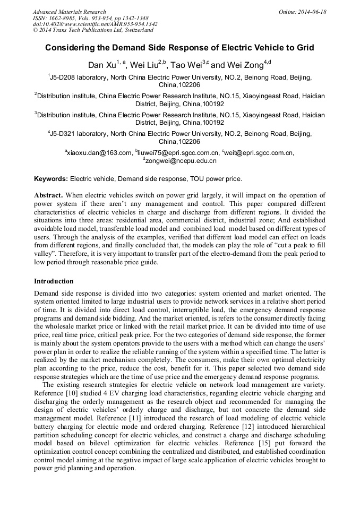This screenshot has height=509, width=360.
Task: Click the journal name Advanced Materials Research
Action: click(69, 12)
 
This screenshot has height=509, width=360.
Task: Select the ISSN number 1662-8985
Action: click(64, 18)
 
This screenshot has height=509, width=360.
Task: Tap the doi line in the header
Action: click(95, 24)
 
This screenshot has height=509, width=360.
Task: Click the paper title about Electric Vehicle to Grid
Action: click(179, 48)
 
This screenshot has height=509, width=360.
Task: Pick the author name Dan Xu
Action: click(101, 66)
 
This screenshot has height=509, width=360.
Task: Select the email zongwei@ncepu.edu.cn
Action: click(181, 160)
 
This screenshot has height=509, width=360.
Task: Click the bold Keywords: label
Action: click(51, 179)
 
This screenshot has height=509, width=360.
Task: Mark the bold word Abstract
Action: click(49, 195)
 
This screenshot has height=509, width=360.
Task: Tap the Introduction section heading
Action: click(54, 281)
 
